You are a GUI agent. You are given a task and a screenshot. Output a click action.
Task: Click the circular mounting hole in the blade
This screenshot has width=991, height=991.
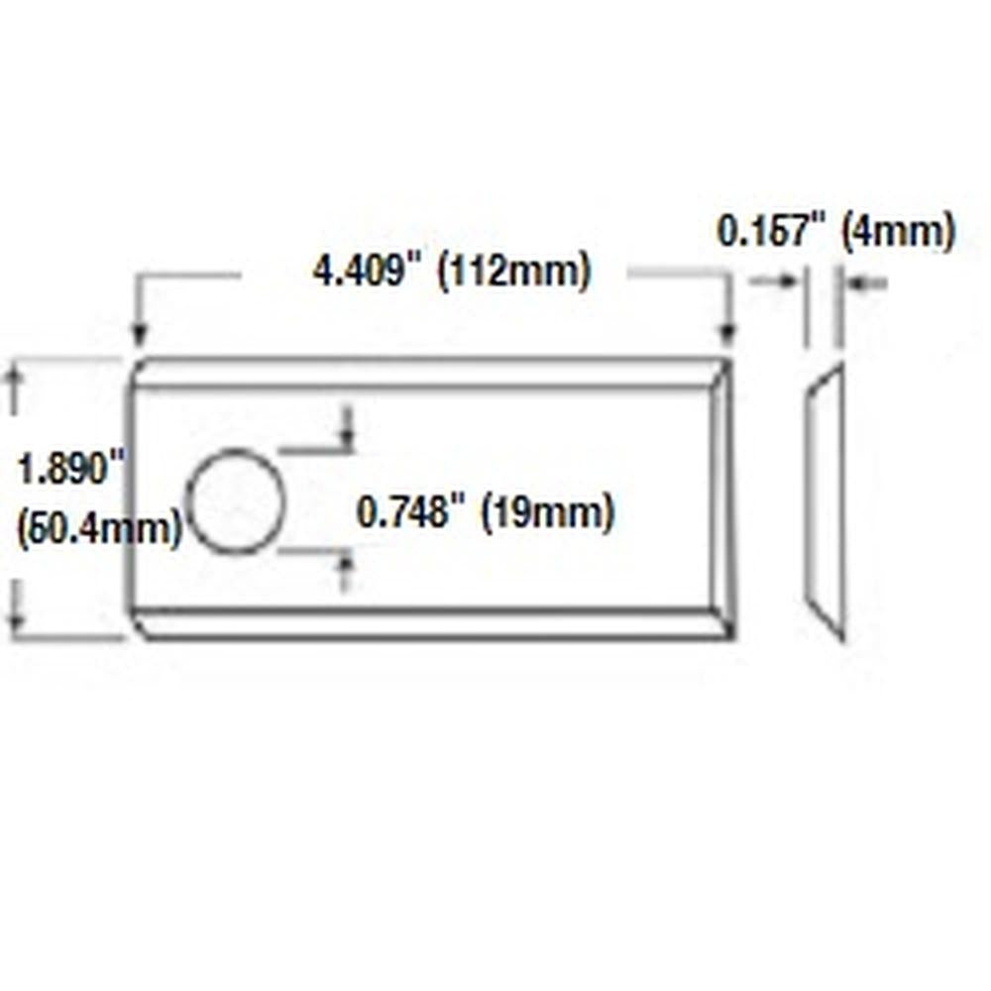pyautogui.click(x=236, y=501)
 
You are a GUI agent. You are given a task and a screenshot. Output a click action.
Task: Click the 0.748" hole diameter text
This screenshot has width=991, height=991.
pyautogui.click(x=410, y=512)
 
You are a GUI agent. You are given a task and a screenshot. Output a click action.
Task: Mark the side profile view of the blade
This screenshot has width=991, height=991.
pyautogui.click(x=826, y=501)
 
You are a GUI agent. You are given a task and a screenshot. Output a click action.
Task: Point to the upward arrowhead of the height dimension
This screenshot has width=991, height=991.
pyautogui.click(x=14, y=374)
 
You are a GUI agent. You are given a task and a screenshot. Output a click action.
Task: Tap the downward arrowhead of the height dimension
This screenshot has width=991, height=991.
pyautogui.click(x=14, y=623)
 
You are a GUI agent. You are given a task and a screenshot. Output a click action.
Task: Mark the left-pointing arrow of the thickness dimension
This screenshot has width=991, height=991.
pyautogui.click(x=854, y=283)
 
